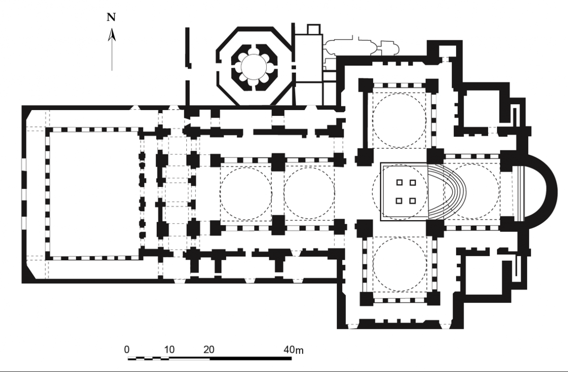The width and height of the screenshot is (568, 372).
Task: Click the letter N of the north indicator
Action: pos(111,17)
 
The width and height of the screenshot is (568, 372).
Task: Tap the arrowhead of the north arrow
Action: pos(112,35)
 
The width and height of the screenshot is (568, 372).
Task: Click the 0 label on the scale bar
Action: pos(127,350)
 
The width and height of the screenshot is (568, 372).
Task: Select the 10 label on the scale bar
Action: pos(169,350)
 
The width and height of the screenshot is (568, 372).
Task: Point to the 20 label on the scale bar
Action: pos(209,350)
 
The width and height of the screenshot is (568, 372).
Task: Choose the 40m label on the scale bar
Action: pos(293,350)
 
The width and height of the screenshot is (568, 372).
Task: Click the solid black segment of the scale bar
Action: pos(251,359)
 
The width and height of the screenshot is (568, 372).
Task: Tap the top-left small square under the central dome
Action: pos(399,182)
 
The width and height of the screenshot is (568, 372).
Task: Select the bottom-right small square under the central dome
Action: pos(413,201)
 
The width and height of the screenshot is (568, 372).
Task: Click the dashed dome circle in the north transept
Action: pos(399,120)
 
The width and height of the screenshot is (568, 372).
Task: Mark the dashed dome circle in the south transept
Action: pos(399,264)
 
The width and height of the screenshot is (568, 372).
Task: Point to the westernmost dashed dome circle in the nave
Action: pos(246,194)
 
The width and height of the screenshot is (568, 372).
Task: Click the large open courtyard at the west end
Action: pos(94,194)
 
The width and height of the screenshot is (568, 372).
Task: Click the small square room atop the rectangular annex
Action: pos(314,30)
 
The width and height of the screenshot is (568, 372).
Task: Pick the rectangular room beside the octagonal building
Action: pos(308,58)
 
